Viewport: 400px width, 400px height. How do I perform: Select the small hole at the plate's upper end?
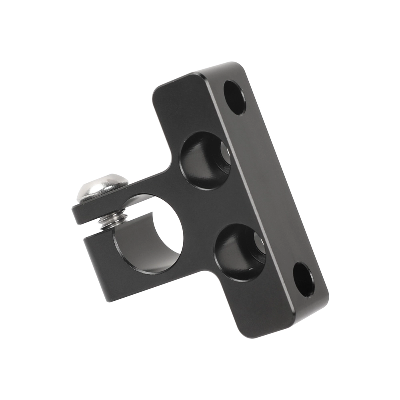(x=234, y=97)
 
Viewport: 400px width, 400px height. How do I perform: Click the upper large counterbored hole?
(x=204, y=160)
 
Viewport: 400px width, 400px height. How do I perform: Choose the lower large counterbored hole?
(x=239, y=252)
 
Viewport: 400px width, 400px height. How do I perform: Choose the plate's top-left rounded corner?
(x=158, y=90)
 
